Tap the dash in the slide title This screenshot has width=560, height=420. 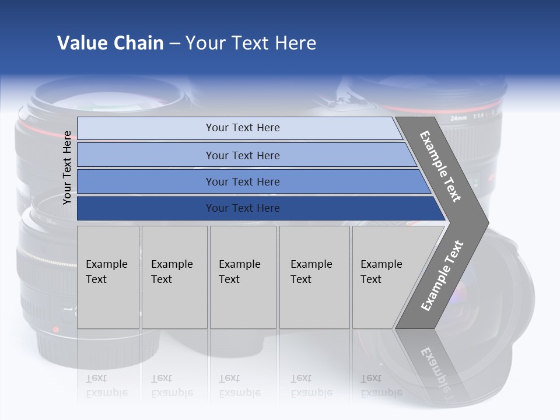click(174, 43)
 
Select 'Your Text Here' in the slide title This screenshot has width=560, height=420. click(251, 43)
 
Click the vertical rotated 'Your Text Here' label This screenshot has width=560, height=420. click(67, 167)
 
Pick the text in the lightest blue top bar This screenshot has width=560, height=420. click(243, 128)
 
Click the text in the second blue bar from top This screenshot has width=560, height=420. click(243, 156)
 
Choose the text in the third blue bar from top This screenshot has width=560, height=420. click(243, 182)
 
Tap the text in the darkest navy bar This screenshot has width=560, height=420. click(243, 208)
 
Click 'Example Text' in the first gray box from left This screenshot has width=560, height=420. click(106, 272)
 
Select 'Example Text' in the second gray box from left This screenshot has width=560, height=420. click(171, 272)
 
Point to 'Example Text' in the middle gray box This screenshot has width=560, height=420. click(239, 272)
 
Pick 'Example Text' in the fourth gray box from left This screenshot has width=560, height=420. click(311, 272)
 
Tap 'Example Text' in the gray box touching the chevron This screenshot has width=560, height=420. click(381, 272)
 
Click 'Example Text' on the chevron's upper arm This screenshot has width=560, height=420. click(440, 166)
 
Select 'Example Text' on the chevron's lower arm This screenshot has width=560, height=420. click(442, 276)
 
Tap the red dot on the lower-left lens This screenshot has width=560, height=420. click(56, 329)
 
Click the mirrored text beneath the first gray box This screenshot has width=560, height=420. click(106, 386)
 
